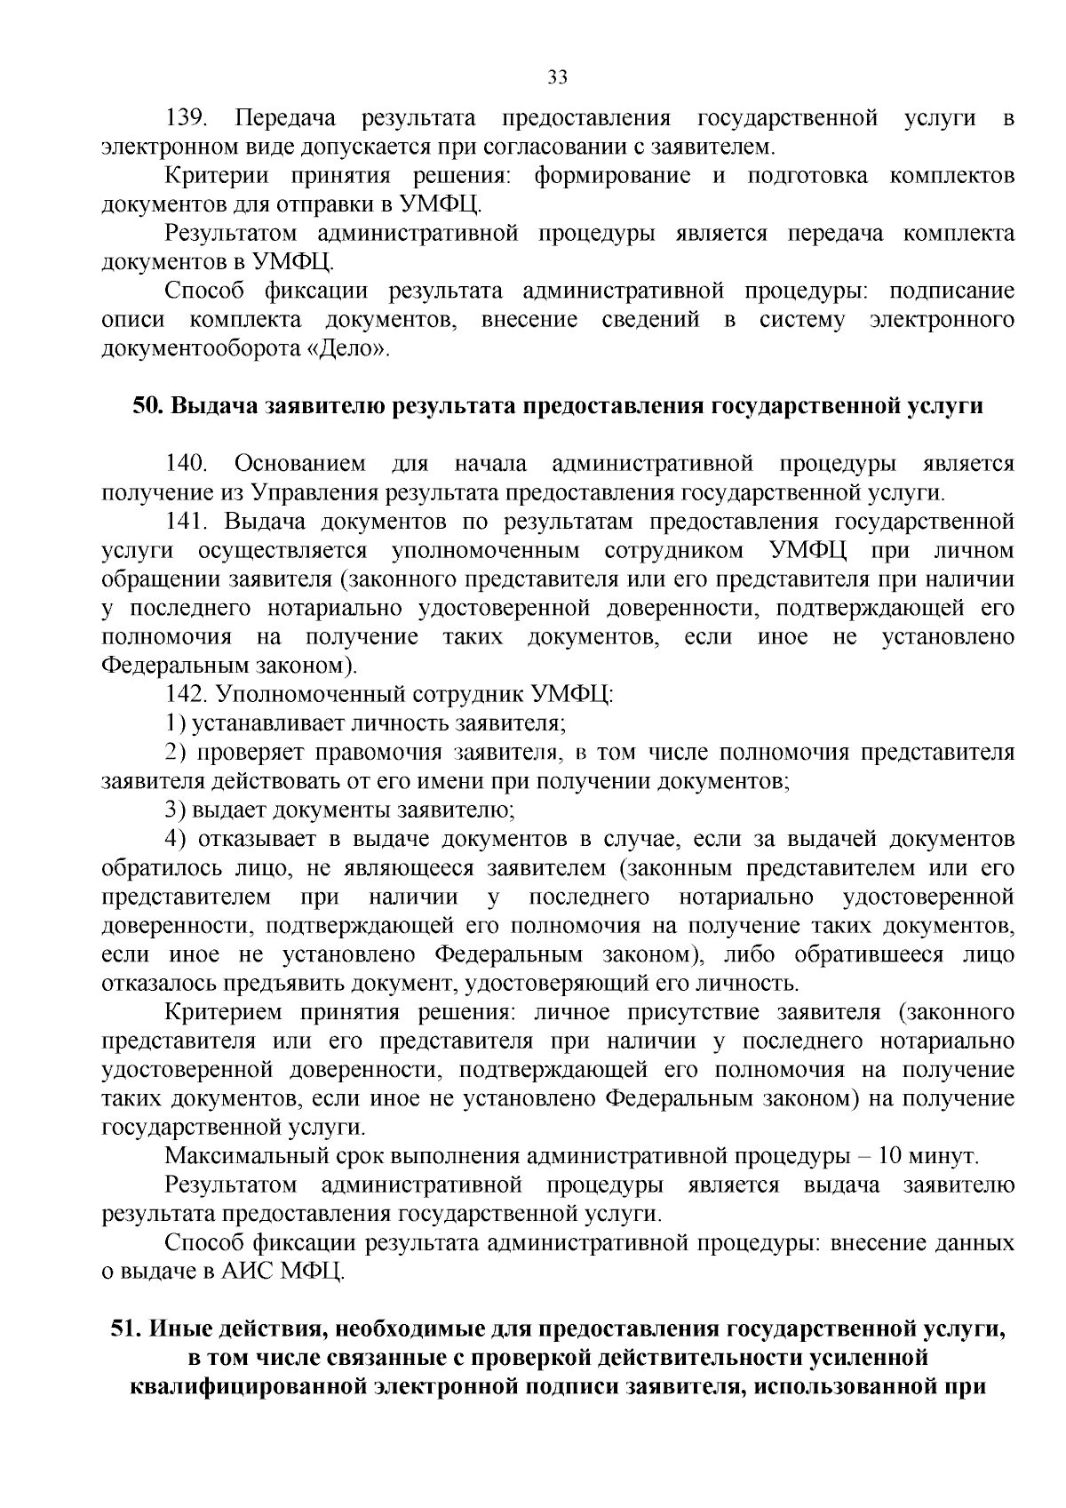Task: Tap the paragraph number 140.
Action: coord(187,464)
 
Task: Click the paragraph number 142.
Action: coord(186,694)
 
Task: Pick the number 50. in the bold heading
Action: coord(149,406)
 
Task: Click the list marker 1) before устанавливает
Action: coord(176,723)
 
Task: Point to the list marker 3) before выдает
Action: coord(176,810)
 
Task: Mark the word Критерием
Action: coord(223,1012)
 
